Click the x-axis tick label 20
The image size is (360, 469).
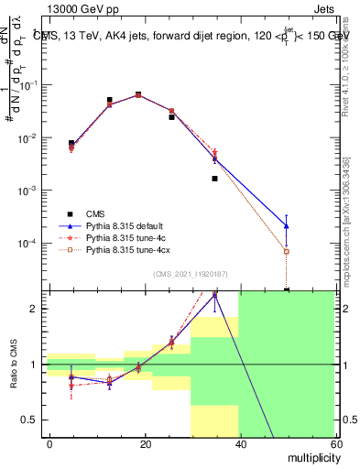point(145,444)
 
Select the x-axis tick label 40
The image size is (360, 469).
point(240,444)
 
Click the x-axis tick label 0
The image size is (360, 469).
point(49,444)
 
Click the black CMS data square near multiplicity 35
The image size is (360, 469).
point(214,179)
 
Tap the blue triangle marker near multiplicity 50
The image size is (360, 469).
point(287,225)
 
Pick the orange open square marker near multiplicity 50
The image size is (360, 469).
point(287,251)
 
